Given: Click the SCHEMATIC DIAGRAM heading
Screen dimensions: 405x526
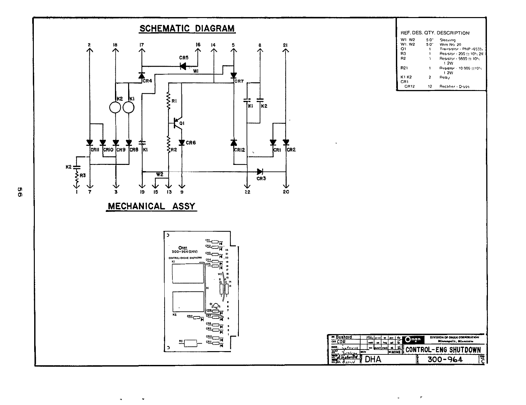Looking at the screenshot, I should coord(187,29).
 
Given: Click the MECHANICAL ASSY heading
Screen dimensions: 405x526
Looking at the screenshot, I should coord(151,206).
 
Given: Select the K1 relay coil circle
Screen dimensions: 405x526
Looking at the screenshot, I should coord(129,107).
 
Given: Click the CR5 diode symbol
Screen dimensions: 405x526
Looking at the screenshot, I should coord(184,66).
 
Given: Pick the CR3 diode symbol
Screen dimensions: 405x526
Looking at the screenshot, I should coord(260,171).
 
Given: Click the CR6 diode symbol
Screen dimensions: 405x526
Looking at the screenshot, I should coord(182,143).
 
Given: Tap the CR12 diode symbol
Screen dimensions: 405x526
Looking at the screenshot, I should coord(234,143).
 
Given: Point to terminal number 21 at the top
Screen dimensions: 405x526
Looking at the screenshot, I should coord(286,45).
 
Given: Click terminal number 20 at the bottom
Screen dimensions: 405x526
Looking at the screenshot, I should coord(286,192).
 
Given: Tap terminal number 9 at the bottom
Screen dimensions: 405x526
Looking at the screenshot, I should coord(182,192).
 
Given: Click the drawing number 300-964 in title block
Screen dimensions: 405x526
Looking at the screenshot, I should coord(445,359).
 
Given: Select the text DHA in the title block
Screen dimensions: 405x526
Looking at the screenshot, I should coord(373,359).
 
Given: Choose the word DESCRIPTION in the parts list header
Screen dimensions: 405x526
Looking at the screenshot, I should coord(453,33).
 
